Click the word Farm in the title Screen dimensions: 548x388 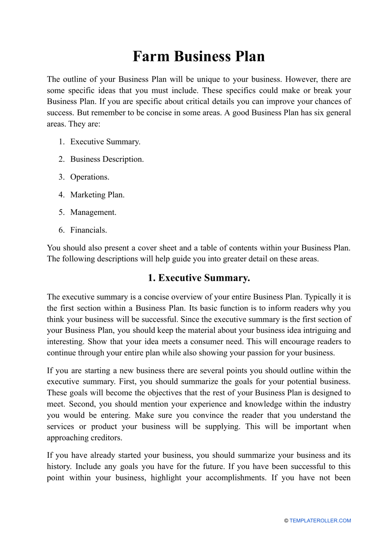coord(151,56)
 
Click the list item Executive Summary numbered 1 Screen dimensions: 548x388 coord(105,142)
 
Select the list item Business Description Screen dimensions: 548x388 coord(107,159)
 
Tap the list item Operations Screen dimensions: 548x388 coord(89,177)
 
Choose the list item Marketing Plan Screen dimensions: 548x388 coord(97,195)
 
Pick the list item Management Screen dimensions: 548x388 coord(93,212)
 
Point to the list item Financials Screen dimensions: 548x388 coord(88,230)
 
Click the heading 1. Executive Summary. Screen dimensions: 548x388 coord(198,278)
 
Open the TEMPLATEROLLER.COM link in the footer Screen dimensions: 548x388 coord(320,521)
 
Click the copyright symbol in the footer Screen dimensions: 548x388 coord(286,521)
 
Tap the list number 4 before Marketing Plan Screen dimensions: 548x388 coord(61,195)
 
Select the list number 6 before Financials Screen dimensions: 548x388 coord(61,230)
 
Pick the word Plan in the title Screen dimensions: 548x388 coord(249,56)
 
